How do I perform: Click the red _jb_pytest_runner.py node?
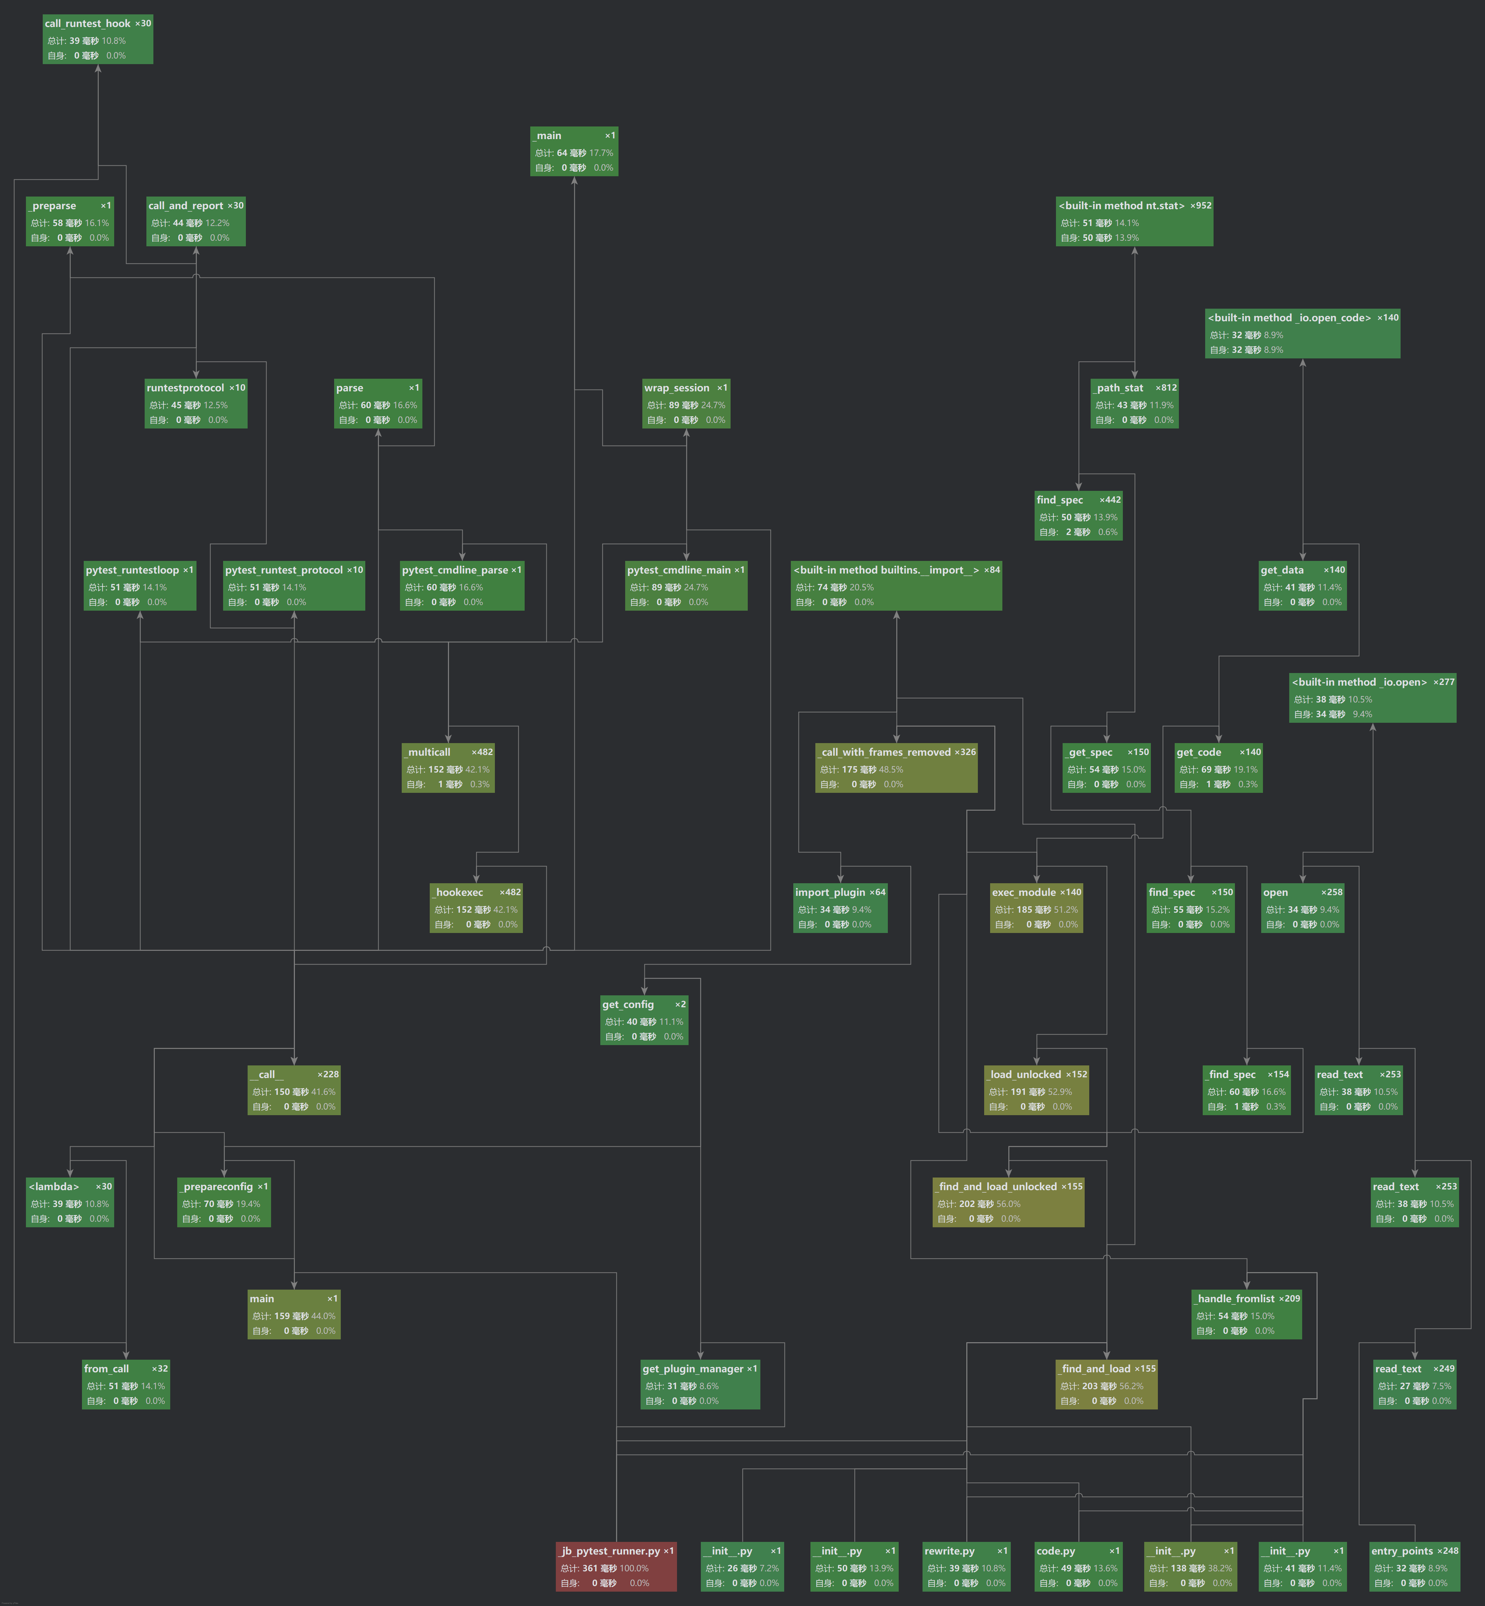click(x=615, y=1566)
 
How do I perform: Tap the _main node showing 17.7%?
click(x=574, y=151)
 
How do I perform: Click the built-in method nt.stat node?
click(x=1134, y=221)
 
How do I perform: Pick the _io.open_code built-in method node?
click(x=1302, y=334)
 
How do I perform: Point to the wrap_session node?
click(x=685, y=404)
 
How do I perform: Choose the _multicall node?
click(x=448, y=768)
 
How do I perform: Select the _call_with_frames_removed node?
click(x=896, y=768)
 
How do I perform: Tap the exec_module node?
click(x=1036, y=907)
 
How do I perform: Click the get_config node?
click(x=644, y=1020)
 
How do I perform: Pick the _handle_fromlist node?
click(x=1245, y=1314)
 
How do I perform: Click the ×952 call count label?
click(x=1201, y=206)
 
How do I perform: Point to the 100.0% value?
click(x=633, y=1568)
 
